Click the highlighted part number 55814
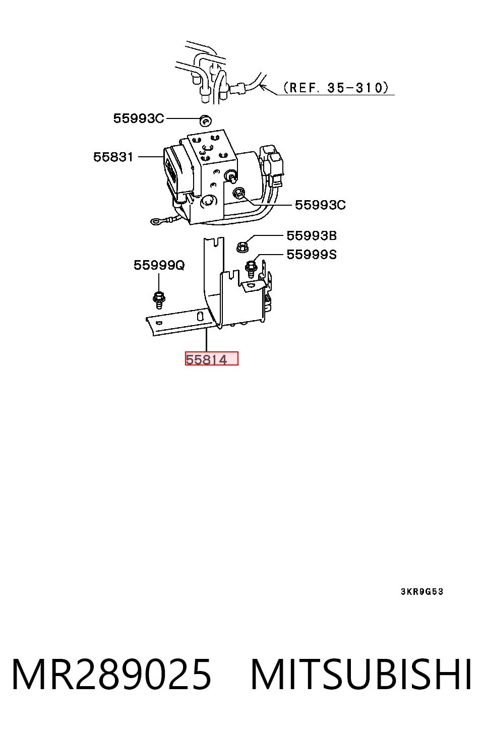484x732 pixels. tap(206, 359)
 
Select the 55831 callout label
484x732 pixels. tap(113, 157)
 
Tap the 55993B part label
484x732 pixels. tap(312, 235)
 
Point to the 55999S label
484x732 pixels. tap(312, 255)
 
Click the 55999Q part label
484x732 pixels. tap(159, 265)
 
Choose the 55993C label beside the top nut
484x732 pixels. tap(139, 118)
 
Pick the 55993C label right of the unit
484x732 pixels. tap(320, 205)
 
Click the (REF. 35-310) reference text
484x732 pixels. tap(336, 88)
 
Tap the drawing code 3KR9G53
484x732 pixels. tap(422, 592)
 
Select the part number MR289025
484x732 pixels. tap(111, 675)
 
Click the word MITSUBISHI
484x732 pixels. tap(361, 675)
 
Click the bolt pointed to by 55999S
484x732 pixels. tap(251, 268)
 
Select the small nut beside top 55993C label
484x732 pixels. tap(205, 120)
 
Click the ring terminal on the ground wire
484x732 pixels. tap(155, 222)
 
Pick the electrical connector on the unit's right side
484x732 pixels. tap(272, 163)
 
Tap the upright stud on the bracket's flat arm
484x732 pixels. tap(199, 316)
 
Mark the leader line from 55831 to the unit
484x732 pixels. tap(151, 157)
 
